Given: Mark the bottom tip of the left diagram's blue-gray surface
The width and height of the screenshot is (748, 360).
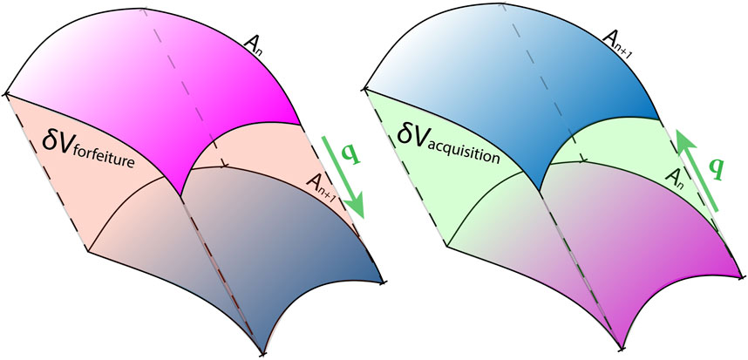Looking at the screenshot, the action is point(263,354).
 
